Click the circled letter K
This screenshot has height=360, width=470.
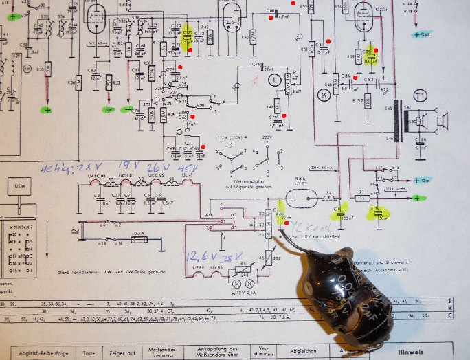(x=323, y=95)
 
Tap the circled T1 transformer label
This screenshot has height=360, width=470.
(x=421, y=95)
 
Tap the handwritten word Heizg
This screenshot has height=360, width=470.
(x=57, y=168)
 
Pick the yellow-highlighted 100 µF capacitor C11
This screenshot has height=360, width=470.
(x=340, y=214)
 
